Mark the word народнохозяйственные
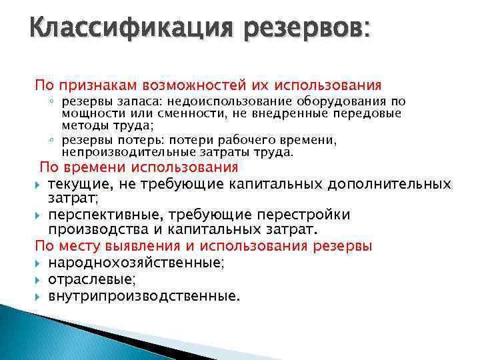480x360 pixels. click(136, 263)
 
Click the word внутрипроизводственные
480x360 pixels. click(143, 295)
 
